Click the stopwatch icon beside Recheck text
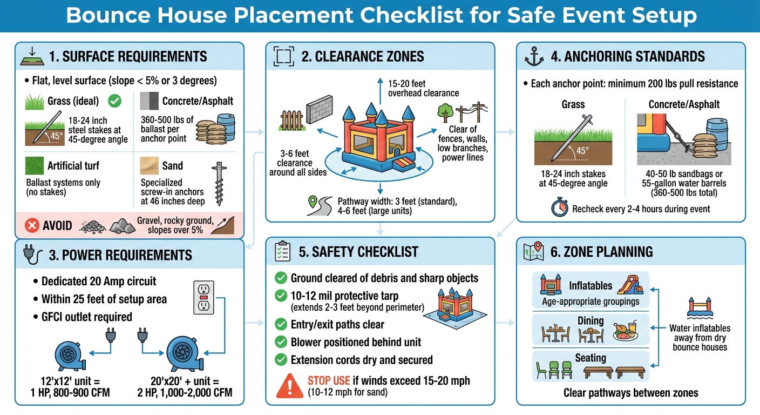[x=560, y=208]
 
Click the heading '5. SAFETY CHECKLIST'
[x=358, y=252]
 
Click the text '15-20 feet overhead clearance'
[x=423, y=88]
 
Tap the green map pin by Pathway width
[x=311, y=203]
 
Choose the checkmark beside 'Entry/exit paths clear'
[x=281, y=324]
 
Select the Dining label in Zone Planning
[x=591, y=321]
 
